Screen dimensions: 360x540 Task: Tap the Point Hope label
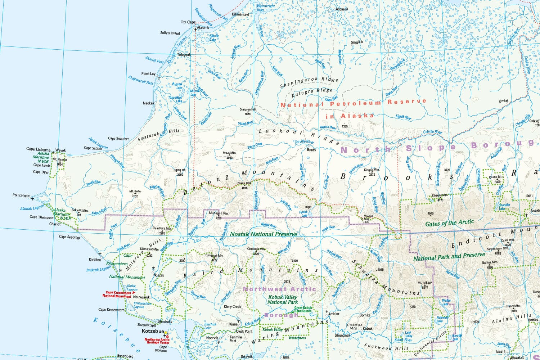click(21, 195)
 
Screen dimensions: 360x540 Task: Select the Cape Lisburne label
click(38, 149)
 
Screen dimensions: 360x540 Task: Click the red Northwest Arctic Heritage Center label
click(157, 341)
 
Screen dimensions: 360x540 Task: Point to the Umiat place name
click(503, 101)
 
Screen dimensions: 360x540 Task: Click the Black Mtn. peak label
click(244, 184)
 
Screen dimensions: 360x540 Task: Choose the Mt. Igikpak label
click(425, 283)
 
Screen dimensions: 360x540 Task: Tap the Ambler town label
click(334, 314)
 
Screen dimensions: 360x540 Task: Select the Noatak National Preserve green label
click(264, 234)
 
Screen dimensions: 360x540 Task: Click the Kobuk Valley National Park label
click(283, 300)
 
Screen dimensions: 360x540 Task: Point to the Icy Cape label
click(188, 22)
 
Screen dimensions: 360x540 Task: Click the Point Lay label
click(148, 74)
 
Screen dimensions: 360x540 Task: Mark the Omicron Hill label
click(247, 109)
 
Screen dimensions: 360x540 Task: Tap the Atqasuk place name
click(342, 9)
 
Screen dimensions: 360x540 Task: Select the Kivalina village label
click(95, 260)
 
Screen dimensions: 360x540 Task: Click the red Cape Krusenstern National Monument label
click(117, 294)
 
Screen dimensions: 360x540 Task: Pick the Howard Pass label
click(368, 217)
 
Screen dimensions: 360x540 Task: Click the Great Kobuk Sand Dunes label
click(303, 309)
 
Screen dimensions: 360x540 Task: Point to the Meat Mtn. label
click(229, 153)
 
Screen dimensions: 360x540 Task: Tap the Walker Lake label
click(446, 302)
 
